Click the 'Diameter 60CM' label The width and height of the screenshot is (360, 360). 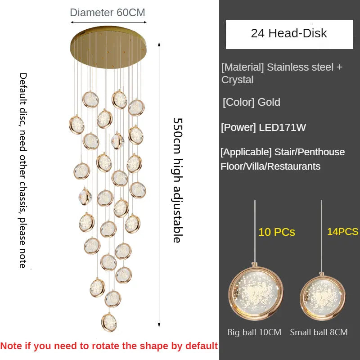[108, 13]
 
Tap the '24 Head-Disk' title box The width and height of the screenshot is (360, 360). [289, 34]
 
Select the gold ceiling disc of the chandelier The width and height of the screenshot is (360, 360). [108, 47]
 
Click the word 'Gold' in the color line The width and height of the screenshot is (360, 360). [269, 102]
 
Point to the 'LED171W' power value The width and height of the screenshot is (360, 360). [283, 127]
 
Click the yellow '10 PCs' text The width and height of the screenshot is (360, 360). [277, 232]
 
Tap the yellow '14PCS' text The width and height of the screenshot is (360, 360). [342, 231]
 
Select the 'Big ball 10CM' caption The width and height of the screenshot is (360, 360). [254, 332]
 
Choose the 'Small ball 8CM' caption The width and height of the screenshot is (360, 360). [319, 332]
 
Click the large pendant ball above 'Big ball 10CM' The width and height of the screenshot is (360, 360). [256, 292]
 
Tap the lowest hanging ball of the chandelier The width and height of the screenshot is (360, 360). [109, 322]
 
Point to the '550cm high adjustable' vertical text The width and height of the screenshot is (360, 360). [178, 180]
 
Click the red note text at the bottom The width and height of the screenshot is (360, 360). [109, 346]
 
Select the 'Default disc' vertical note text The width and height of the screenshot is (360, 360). [23, 171]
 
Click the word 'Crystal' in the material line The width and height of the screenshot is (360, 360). [238, 80]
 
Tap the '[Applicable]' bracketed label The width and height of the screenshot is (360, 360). [246, 152]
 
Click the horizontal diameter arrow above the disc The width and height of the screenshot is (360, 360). [108, 22]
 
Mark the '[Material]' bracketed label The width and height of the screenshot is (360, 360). [243, 67]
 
